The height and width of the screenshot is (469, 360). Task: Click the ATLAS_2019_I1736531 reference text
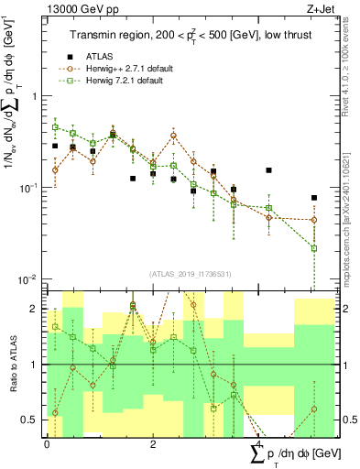[x=188, y=274]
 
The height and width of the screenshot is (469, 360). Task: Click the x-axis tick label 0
[x=47, y=443]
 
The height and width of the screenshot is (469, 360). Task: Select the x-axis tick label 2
[x=152, y=443]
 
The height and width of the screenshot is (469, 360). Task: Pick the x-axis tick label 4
[x=258, y=443]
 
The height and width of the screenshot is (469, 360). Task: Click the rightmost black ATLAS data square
[x=313, y=198]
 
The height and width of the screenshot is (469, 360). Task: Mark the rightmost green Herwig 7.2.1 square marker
[x=313, y=248]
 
